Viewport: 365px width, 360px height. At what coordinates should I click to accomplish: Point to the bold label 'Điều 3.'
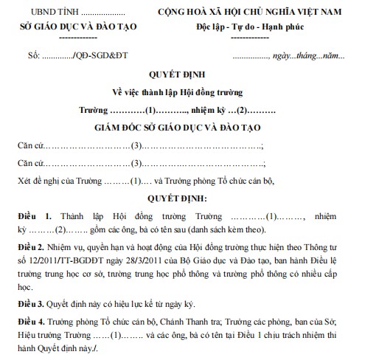pyautogui.click(x=31, y=302)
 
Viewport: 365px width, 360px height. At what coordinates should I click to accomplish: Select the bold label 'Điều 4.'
pyautogui.click(x=31, y=322)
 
